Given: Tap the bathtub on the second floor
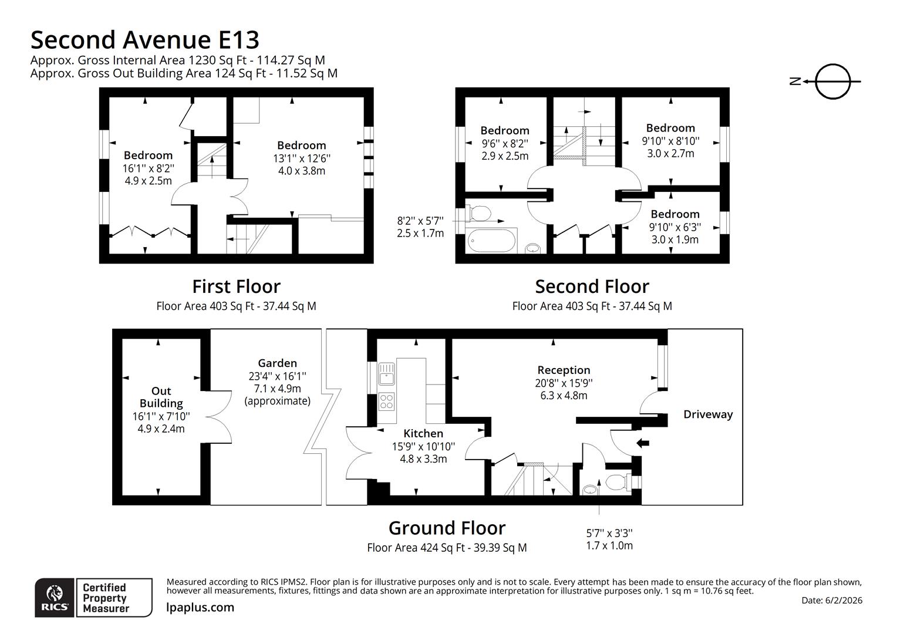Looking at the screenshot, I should [492, 241].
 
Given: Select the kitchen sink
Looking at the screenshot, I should [387, 373].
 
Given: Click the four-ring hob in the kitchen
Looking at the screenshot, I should [387, 402].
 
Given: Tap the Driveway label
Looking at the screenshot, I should [708, 414].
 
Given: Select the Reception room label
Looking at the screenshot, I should [564, 370].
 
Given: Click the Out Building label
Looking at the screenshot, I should [161, 397].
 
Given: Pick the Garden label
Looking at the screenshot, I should [277, 363].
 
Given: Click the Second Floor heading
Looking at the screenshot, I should [592, 286].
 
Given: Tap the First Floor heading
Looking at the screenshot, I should [236, 286].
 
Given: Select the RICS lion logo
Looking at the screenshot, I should [55, 598].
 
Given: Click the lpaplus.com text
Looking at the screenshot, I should [200, 608].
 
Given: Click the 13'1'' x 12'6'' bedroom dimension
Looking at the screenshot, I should [302, 158].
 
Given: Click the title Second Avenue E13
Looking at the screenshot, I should [145, 40].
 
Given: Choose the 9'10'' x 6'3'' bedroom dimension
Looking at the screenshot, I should [675, 227].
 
